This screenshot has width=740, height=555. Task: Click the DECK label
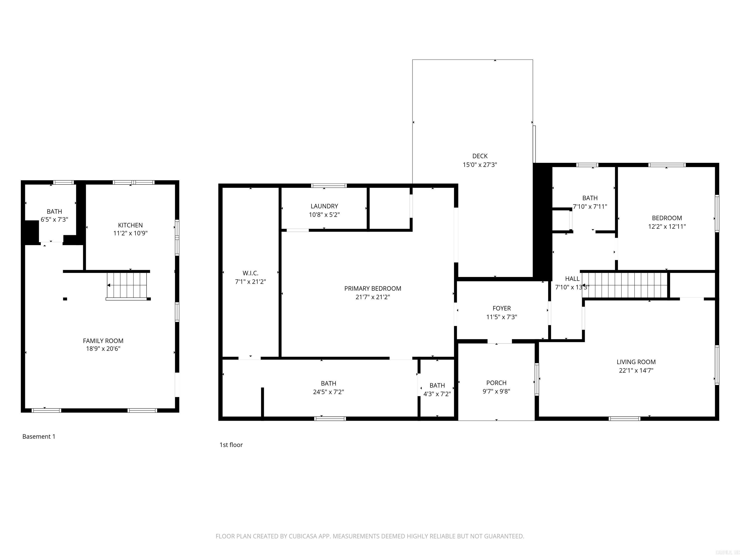tap(480, 156)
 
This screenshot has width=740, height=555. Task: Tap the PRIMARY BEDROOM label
tap(372, 288)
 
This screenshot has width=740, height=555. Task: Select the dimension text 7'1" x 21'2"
tap(250, 282)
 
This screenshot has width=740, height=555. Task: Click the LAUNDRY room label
tap(324, 206)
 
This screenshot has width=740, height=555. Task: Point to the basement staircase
tap(127, 285)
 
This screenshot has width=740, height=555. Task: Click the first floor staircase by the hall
tap(625, 285)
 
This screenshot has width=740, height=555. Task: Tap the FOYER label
tap(502, 308)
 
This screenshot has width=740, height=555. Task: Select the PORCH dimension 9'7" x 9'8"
tap(496, 391)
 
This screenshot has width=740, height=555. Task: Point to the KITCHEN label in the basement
tap(130, 225)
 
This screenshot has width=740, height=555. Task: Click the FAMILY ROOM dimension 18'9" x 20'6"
tap(103, 349)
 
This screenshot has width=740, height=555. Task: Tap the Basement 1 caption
tap(39, 436)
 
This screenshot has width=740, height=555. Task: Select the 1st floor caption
tap(231, 445)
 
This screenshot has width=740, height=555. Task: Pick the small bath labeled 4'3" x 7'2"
tap(437, 390)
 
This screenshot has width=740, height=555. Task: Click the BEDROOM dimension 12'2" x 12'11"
tap(667, 226)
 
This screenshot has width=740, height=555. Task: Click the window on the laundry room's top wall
tap(329, 186)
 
